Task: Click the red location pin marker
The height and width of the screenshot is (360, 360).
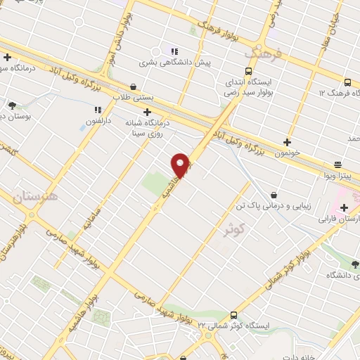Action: [181, 165]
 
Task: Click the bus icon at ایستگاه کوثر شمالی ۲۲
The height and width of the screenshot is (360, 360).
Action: [234, 315]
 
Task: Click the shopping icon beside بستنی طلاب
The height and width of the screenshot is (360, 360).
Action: [134, 87]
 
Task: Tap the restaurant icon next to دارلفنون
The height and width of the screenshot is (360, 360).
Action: [98, 110]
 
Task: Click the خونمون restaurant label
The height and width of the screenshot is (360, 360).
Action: [288, 152]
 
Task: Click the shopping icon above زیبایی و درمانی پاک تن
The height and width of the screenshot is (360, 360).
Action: [274, 194]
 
